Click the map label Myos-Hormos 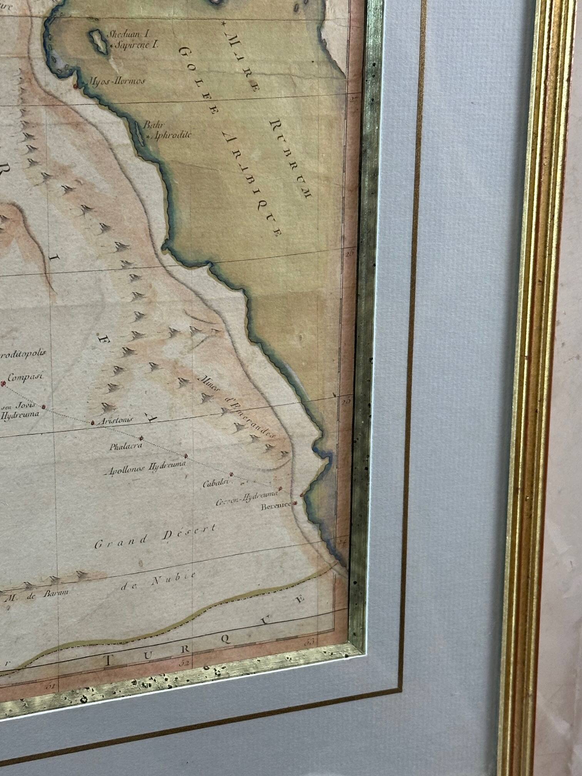point(117,81)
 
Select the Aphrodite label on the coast point(172,135)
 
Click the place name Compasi point(25,377)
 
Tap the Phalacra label point(126,447)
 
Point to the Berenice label point(276,506)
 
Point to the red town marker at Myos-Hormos point(76,86)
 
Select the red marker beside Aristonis point(92,423)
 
